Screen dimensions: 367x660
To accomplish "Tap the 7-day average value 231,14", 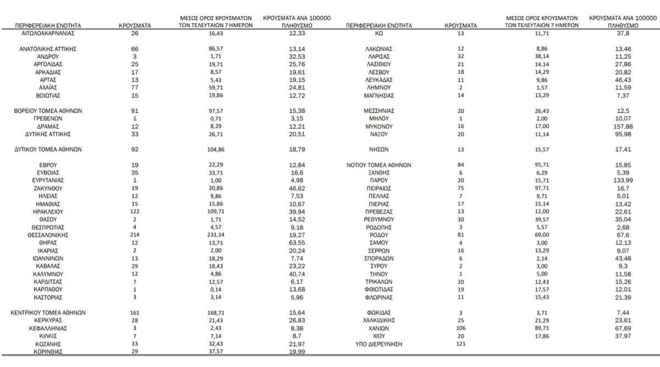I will pos(204,235).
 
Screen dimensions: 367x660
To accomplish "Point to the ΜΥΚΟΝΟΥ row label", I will pos(379,126).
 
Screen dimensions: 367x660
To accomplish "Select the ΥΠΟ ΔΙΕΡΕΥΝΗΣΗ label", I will pos(379,343).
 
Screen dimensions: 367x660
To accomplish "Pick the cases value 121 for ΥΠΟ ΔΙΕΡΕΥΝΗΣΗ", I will pos(460,343).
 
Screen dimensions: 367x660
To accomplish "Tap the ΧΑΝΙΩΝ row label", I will pos(379,328).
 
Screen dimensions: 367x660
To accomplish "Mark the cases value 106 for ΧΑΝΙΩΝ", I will pos(460,328).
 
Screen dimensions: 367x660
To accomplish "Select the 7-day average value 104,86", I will pos(204,149).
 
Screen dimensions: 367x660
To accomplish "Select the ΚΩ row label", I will pos(379,33).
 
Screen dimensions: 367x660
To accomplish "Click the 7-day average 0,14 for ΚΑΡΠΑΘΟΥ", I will pos(204,289).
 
